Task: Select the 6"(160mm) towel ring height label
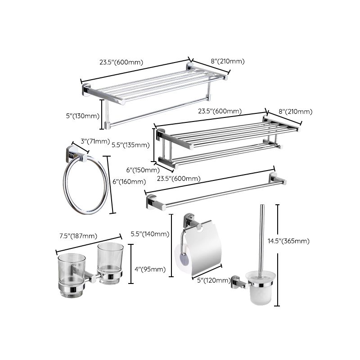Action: pyautogui.click(x=130, y=182)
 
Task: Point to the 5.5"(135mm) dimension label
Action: pyautogui.click(x=130, y=145)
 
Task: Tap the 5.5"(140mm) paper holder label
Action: pyautogui.click(x=150, y=234)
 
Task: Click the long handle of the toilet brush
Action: pyautogui.click(x=261, y=238)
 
